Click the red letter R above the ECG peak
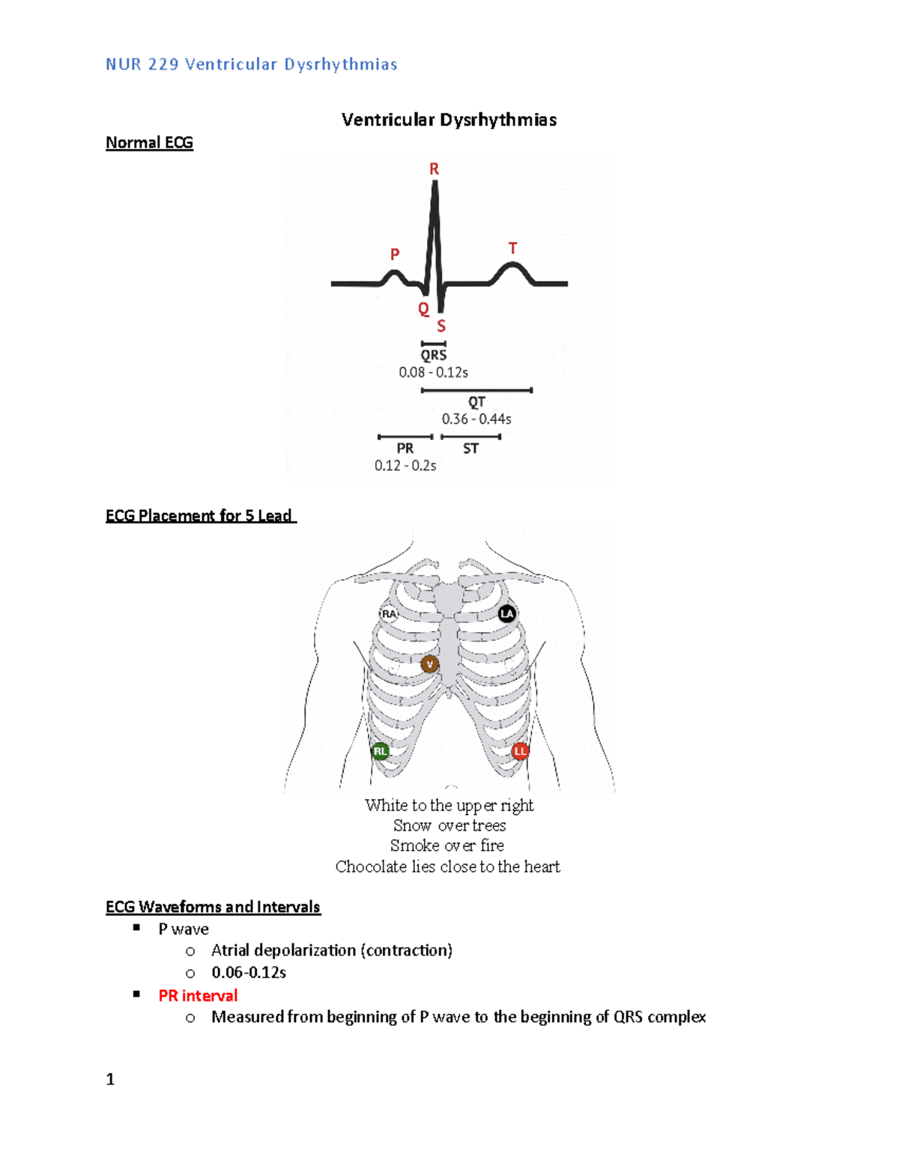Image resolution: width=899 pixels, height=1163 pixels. point(434,169)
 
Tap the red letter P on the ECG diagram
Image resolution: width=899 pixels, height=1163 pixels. point(395,255)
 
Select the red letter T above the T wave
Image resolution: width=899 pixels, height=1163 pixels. point(512,248)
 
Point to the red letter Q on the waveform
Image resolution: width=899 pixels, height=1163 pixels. point(423,309)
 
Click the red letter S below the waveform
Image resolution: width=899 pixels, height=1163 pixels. point(441,326)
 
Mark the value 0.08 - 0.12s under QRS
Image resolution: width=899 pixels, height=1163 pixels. point(433,372)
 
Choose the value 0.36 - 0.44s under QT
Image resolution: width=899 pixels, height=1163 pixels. point(476,419)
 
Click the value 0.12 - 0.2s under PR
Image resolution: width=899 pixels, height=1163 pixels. point(405,465)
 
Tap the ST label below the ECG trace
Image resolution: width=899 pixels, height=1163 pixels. point(470,449)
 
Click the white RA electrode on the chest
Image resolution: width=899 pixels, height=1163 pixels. point(389,614)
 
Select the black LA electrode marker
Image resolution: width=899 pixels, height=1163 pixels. point(507,614)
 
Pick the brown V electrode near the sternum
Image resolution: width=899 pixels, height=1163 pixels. point(429,664)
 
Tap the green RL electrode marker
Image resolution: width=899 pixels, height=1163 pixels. point(381,751)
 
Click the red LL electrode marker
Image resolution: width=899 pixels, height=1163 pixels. point(520,750)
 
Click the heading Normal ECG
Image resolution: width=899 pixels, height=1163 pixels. point(149,143)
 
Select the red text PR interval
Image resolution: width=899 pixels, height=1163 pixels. point(198,995)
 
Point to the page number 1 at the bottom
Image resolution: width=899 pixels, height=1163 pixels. point(110,1079)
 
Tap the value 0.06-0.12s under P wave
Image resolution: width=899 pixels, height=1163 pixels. point(249,972)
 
